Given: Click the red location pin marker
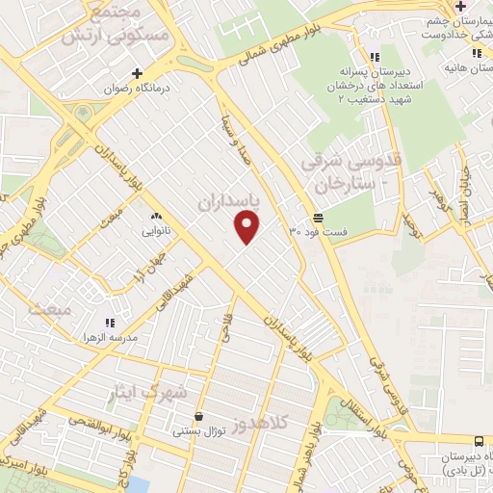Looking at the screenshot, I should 247,225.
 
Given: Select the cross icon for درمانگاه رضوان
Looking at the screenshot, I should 137,73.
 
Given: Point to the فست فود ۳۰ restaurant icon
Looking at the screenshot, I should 318,218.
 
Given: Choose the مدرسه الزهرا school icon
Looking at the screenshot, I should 109,323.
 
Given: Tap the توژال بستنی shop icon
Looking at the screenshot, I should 198,417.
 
